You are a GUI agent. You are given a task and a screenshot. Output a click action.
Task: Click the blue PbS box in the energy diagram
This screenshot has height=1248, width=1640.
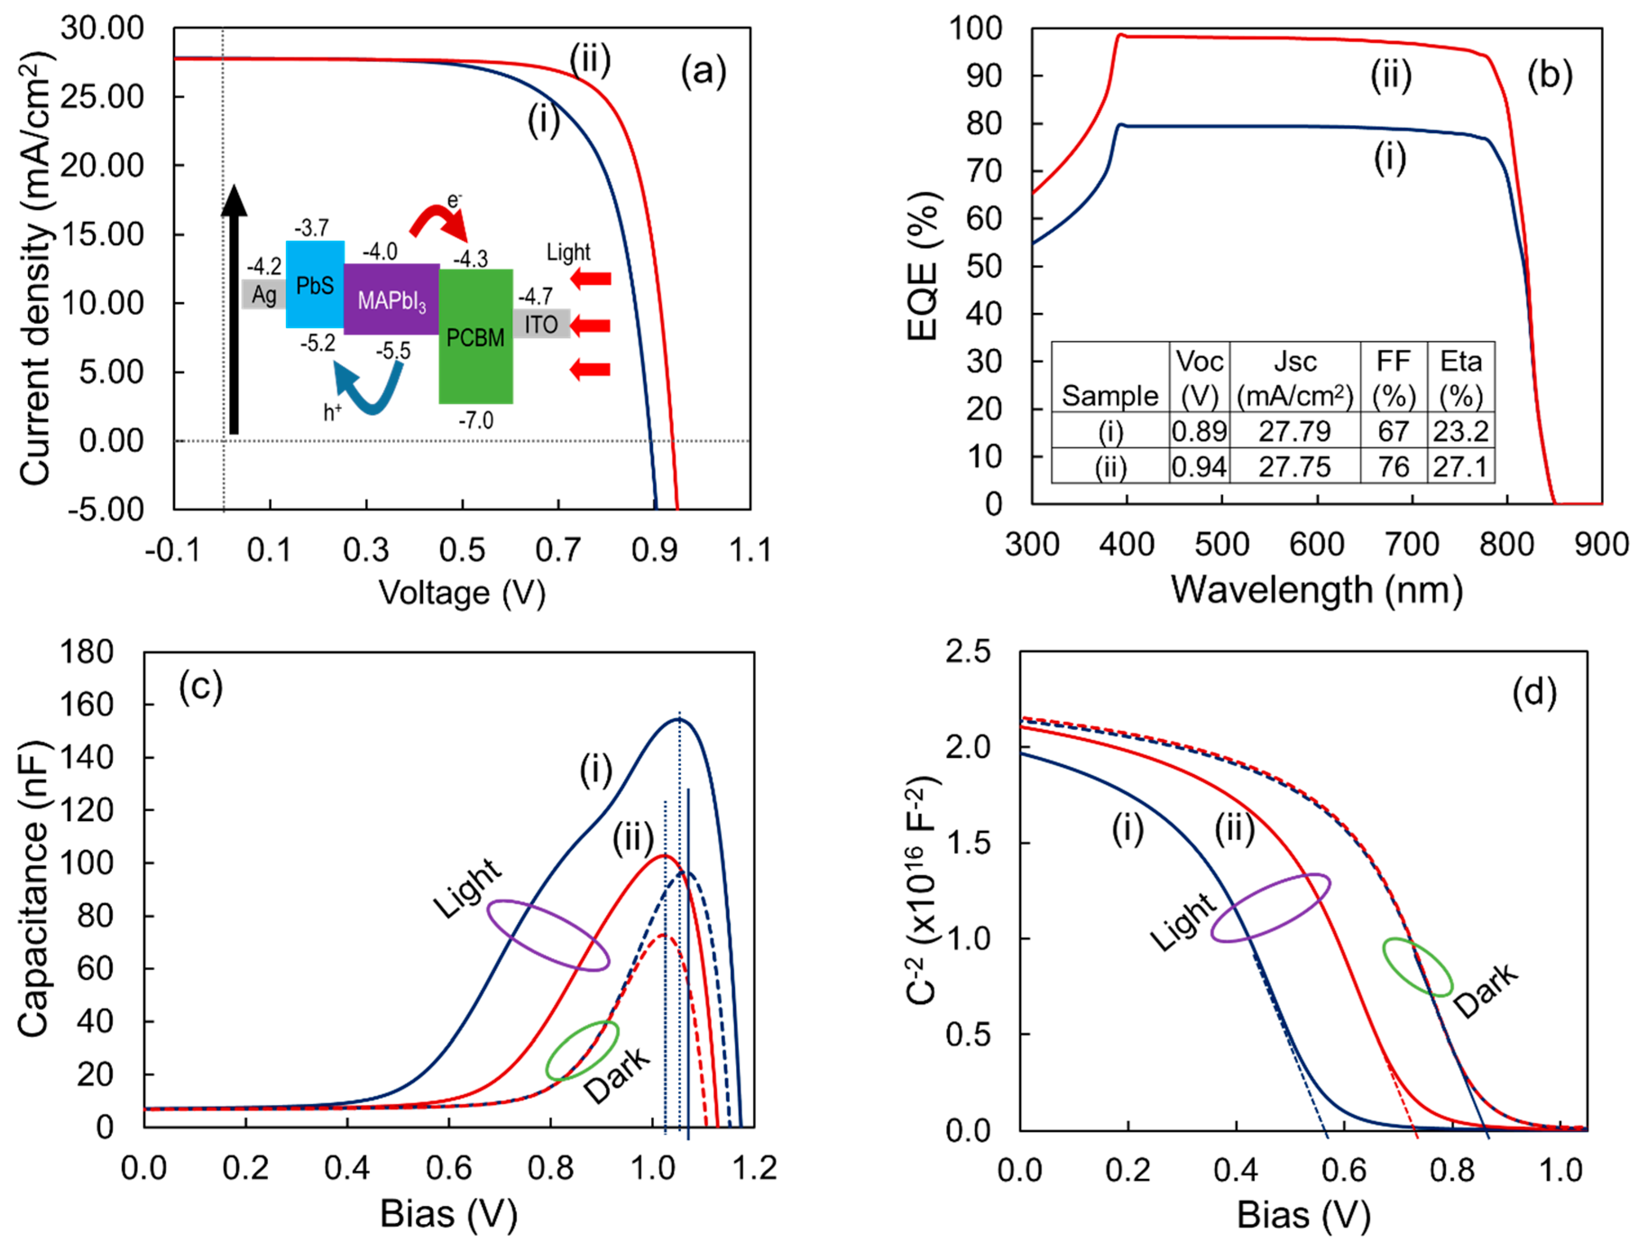(x=315, y=284)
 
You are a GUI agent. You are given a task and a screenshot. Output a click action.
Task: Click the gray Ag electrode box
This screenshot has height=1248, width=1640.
(x=264, y=294)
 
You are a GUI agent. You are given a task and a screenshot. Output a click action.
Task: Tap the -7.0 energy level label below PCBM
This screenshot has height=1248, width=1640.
(x=475, y=421)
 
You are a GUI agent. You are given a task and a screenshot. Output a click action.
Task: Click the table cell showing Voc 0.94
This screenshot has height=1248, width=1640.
(x=1199, y=467)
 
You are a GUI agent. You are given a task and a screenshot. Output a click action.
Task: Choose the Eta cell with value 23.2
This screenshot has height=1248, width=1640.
(x=1460, y=431)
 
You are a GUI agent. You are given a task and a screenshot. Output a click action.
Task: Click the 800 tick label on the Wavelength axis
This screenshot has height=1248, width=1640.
(x=1507, y=545)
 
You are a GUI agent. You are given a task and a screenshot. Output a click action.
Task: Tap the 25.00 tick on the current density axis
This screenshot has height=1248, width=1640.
(x=102, y=96)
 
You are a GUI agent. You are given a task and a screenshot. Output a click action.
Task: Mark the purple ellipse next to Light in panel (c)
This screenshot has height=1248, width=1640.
(x=549, y=935)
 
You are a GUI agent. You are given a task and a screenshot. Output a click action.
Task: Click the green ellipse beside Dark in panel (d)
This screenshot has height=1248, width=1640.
(x=1417, y=967)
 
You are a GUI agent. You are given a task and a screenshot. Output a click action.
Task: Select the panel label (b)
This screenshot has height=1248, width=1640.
(x=1549, y=75)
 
